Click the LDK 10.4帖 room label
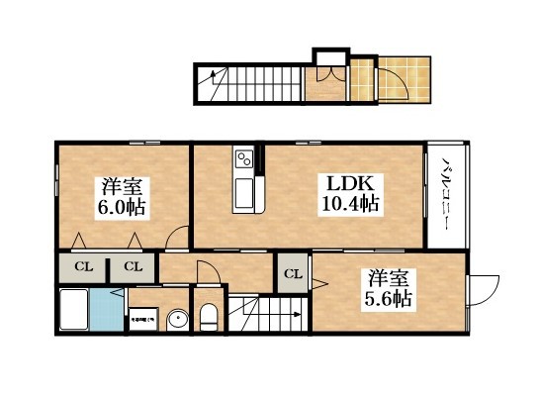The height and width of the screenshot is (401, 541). click(346, 193)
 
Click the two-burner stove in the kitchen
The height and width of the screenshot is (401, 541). click(243, 158)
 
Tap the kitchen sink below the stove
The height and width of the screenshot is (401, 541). click(243, 187)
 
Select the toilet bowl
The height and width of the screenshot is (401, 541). click(209, 317)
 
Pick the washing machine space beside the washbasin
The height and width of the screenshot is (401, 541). click(142, 319)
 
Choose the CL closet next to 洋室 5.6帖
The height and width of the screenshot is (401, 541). click(293, 273)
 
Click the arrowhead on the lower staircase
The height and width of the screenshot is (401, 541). click(297, 317)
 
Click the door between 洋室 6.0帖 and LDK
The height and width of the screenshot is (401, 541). click(177, 238)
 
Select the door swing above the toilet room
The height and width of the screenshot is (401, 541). click(205, 273)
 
